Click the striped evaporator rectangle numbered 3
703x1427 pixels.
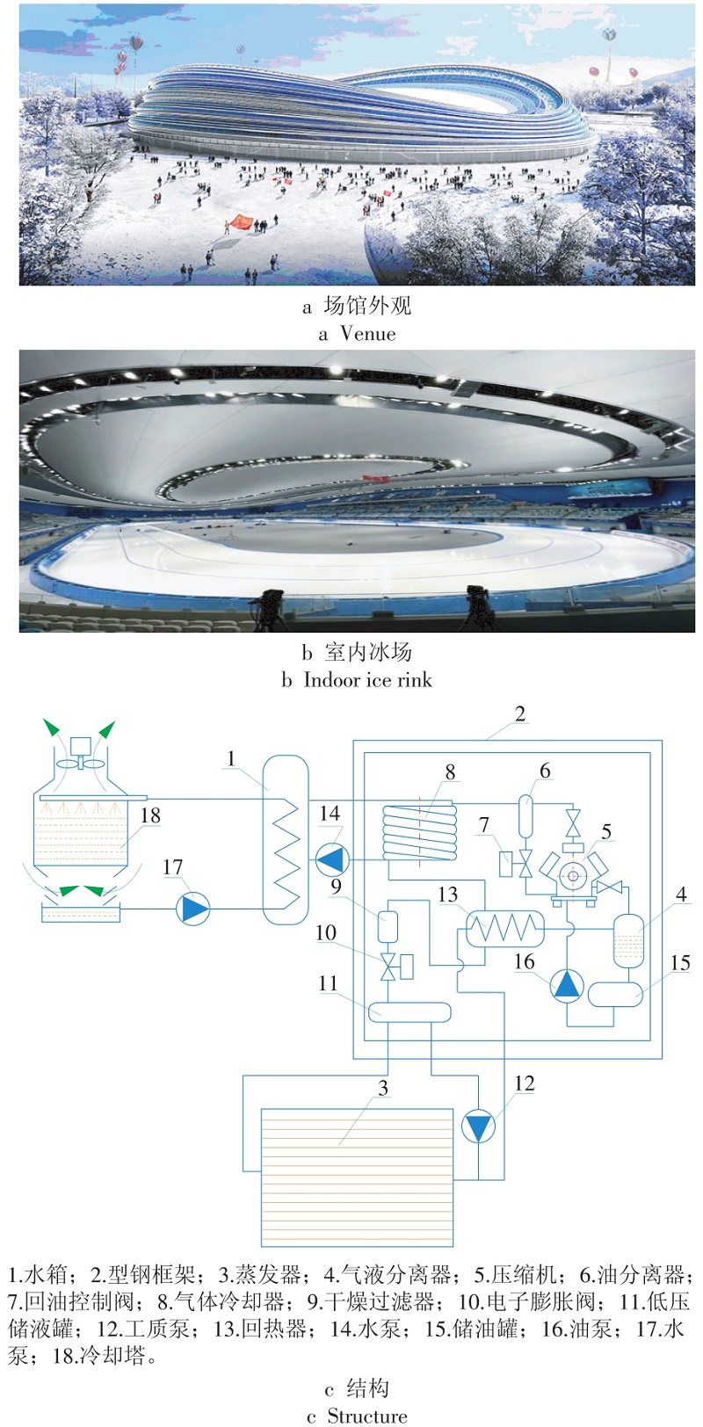click(x=357, y=1177)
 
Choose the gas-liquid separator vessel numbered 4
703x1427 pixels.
click(x=627, y=940)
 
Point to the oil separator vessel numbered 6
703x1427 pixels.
click(x=526, y=815)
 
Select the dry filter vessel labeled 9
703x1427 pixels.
click(x=388, y=924)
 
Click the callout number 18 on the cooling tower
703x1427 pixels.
click(x=150, y=815)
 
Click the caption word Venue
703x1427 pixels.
click(x=368, y=334)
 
